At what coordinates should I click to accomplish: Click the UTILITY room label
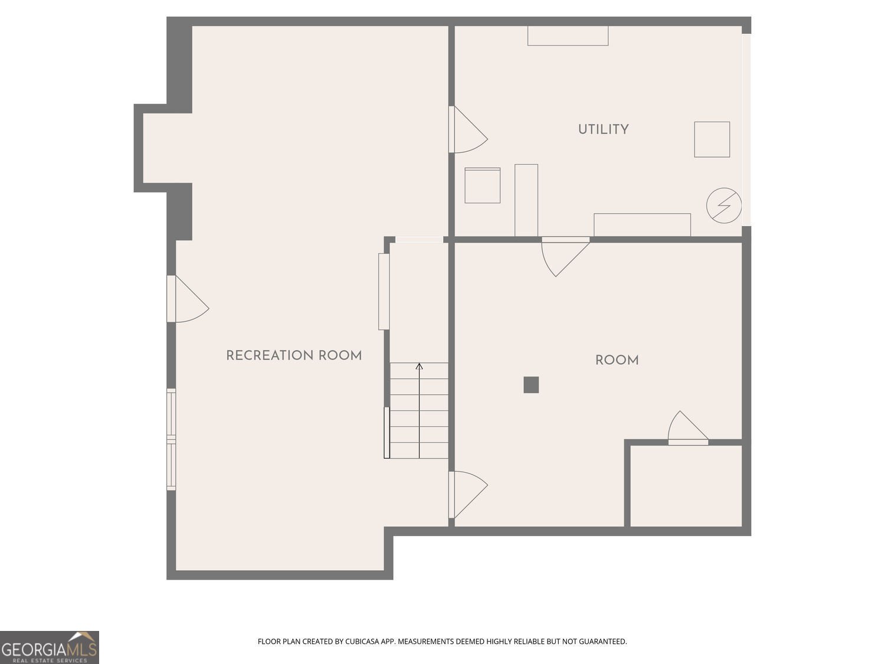tap(603, 129)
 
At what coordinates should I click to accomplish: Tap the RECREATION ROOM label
tap(294, 355)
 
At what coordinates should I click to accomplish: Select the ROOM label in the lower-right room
tap(617, 361)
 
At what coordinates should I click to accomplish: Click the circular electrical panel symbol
tap(724, 205)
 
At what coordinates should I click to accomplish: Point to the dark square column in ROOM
tap(531, 385)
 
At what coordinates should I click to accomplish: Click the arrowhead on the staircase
tap(419, 366)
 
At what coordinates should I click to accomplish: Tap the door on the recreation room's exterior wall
tap(188, 299)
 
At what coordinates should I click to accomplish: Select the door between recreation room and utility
tap(468, 129)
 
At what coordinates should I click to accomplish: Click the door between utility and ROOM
tap(565, 256)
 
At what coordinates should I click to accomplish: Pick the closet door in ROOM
tap(688, 428)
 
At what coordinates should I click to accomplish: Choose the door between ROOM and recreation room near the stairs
tap(468, 495)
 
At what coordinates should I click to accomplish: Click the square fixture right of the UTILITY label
tap(712, 139)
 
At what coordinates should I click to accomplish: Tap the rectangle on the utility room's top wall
tap(568, 36)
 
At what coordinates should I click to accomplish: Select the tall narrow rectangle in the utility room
tap(526, 200)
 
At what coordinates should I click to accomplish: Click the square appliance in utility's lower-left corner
tap(482, 185)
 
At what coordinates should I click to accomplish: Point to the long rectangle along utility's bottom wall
tap(642, 225)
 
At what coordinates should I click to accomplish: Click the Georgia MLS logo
tap(49, 647)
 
